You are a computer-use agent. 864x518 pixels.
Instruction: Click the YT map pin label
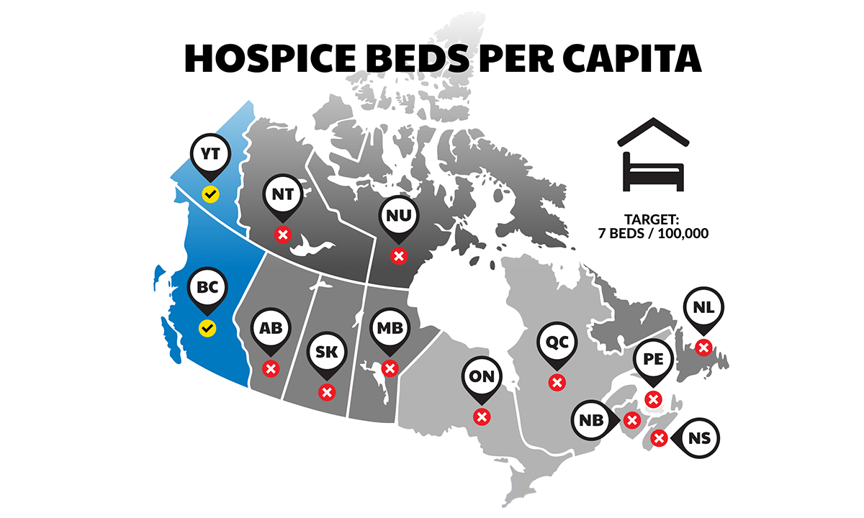[210, 153]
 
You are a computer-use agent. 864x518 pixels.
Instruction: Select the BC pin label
[207, 288]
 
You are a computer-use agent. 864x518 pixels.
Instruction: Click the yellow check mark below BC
[207, 328]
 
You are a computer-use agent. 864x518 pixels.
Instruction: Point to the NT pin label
[282, 194]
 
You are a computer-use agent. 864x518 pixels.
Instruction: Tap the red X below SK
[326, 392]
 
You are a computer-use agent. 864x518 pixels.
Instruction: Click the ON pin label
[482, 376]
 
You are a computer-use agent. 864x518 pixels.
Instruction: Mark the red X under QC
[557, 382]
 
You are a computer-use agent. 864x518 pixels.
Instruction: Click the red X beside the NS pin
[658, 437]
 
